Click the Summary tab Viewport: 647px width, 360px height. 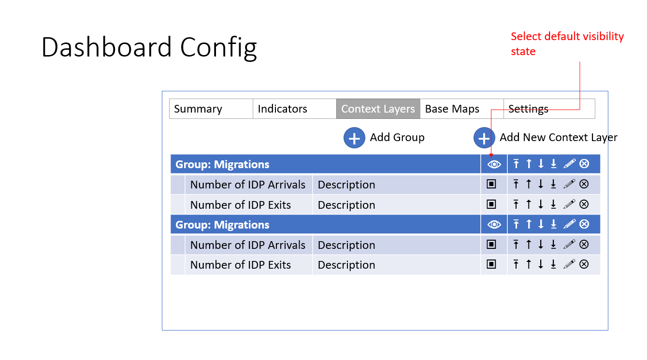[211, 109]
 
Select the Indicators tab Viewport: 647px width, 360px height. [294, 109]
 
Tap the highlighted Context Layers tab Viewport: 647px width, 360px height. [378, 109]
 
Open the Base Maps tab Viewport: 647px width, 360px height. [461, 109]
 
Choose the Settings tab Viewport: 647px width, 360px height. [549, 109]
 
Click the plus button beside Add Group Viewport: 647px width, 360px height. [354, 138]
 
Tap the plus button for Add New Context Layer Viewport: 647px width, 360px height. [484, 138]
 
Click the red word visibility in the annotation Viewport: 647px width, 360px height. [603, 36]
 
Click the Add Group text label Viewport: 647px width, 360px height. [397, 138]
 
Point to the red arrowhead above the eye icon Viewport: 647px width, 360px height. [491, 156]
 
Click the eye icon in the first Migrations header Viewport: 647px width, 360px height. [494, 164]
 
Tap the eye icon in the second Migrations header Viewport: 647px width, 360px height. [494, 225]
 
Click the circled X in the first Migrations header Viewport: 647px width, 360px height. [584, 164]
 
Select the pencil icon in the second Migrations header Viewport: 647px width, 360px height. [569, 224]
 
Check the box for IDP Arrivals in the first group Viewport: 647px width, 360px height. [491, 184]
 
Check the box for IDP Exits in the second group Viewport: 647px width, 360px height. [491, 264]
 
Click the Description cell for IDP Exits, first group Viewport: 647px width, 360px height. [346, 205]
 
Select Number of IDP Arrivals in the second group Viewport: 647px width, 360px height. [248, 245]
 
